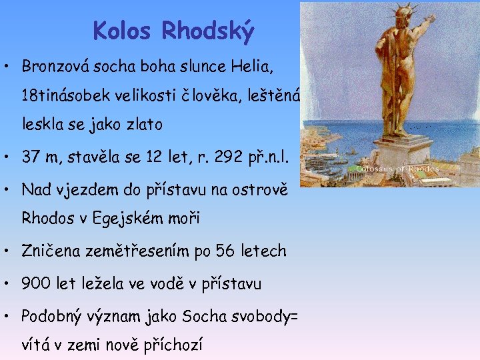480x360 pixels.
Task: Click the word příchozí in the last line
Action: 174,345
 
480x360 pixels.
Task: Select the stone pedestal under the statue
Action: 394,150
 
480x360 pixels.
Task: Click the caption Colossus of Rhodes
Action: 397,169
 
